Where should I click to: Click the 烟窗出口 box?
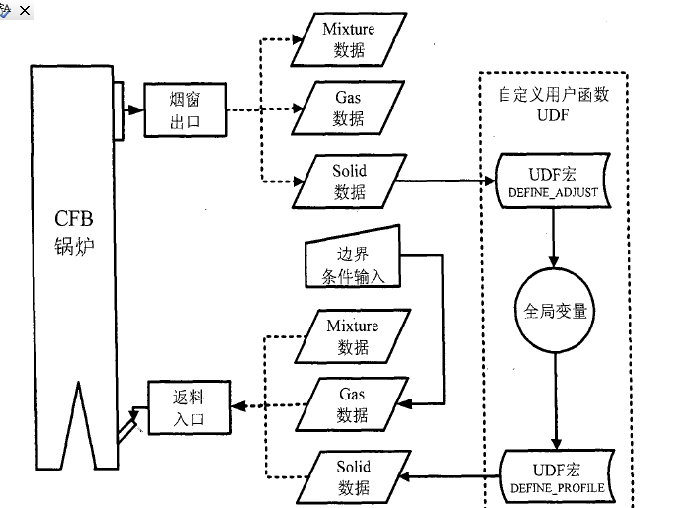click(x=185, y=109)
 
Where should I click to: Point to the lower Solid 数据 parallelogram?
click(x=352, y=476)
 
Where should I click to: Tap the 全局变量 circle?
click(x=556, y=311)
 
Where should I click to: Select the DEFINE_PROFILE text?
click(x=557, y=488)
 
